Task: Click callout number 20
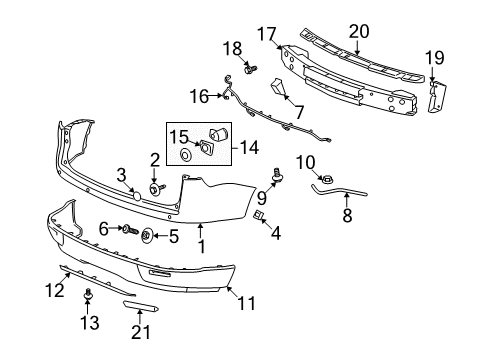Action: tap(359, 31)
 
